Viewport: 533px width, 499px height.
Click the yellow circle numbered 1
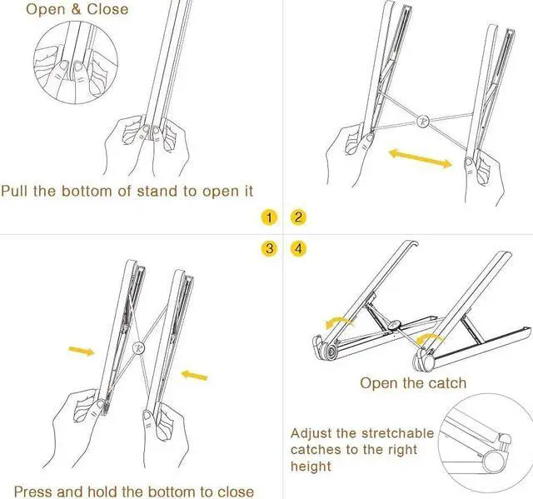pyautogui.click(x=268, y=218)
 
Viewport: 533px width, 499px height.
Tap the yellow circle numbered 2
pyautogui.click(x=298, y=218)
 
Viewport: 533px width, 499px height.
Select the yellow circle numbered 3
pyautogui.click(x=268, y=248)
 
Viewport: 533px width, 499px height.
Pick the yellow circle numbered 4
pyautogui.click(x=298, y=248)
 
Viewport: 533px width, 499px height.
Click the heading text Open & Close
pyautogui.click(x=77, y=10)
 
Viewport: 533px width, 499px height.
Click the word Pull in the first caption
pyautogui.click(x=16, y=191)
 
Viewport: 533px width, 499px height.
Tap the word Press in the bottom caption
pyautogui.click(x=37, y=492)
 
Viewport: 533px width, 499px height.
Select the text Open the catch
pyautogui.click(x=413, y=383)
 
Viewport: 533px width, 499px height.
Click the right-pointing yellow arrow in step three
pyautogui.click(x=82, y=351)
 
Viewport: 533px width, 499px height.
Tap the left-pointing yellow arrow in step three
pyautogui.click(x=193, y=375)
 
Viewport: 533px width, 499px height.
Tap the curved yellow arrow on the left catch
pyautogui.click(x=338, y=322)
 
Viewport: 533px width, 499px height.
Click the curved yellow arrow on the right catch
pyautogui.click(x=431, y=337)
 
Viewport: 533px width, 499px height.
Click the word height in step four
pyautogui.click(x=311, y=467)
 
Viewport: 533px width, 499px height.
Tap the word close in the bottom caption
pyautogui.click(x=235, y=492)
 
